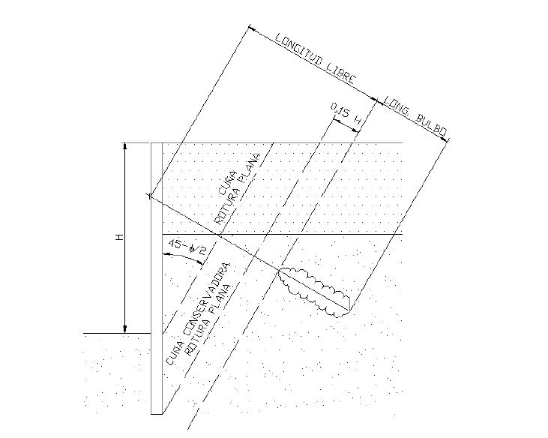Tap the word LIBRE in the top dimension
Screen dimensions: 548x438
pyautogui.click(x=342, y=77)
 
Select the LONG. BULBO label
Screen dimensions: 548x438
pyautogui.click(x=415, y=117)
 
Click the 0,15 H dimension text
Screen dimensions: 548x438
pyautogui.click(x=346, y=114)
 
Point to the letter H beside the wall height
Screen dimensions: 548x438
pyautogui.click(x=120, y=237)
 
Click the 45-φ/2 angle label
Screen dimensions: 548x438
pyautogui.click(x=187, y=247)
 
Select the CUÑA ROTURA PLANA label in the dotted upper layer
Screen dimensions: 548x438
pyautogui.click(x=238, y=189)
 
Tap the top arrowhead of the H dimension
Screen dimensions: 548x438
pyautogui.click(x=125, y=147)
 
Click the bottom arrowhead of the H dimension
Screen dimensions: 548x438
pyautogui.click(x=125, y=329)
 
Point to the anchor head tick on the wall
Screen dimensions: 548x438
pyautogui.click(x=150, y=196)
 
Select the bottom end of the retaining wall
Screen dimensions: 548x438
pyautogui.click(x=157, y=414)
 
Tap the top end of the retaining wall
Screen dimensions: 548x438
pyautogui.click(x=157, y=143)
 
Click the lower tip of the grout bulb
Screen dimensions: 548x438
pyautogui.click(x=337, y=316)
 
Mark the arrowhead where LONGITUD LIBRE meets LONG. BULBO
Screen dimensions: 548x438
pyautogui.click(x=376, y=100)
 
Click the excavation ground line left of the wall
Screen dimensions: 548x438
pyautogui.click(x=117, y=333)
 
